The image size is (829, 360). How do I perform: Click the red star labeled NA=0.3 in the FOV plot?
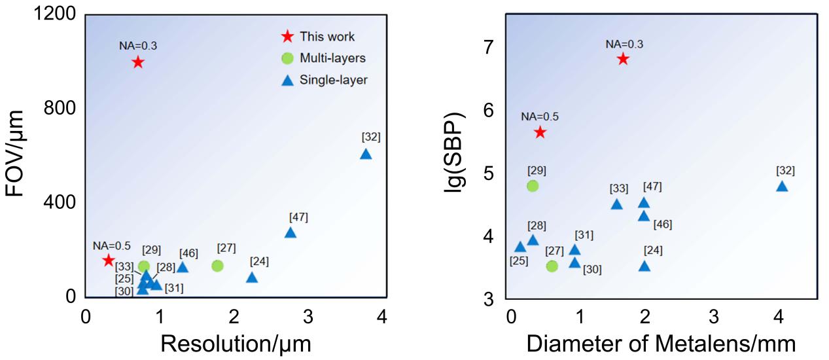click(137, 62)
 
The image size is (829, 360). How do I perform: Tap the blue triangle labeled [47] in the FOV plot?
click(291, 233)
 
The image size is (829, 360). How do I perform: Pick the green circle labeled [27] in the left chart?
click(218, 266)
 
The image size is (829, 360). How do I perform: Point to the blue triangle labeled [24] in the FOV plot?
click(252, 278)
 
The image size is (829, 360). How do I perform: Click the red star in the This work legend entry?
click(287, 37)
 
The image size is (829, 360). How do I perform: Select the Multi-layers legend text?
click(332, 58)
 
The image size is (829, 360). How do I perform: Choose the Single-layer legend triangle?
click(287, 81)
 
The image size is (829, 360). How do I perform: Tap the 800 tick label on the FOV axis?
click(59, 109)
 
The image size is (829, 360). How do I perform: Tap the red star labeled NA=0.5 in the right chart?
click(540, 132)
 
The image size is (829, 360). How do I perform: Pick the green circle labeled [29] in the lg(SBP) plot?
click(533, 186)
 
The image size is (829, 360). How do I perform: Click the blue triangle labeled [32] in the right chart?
click(782, 187)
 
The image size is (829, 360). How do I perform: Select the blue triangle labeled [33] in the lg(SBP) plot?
click(617, 204)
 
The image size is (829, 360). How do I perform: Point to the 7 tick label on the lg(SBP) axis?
click(489, 47)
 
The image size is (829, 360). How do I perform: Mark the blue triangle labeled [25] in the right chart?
click(520, 247)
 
